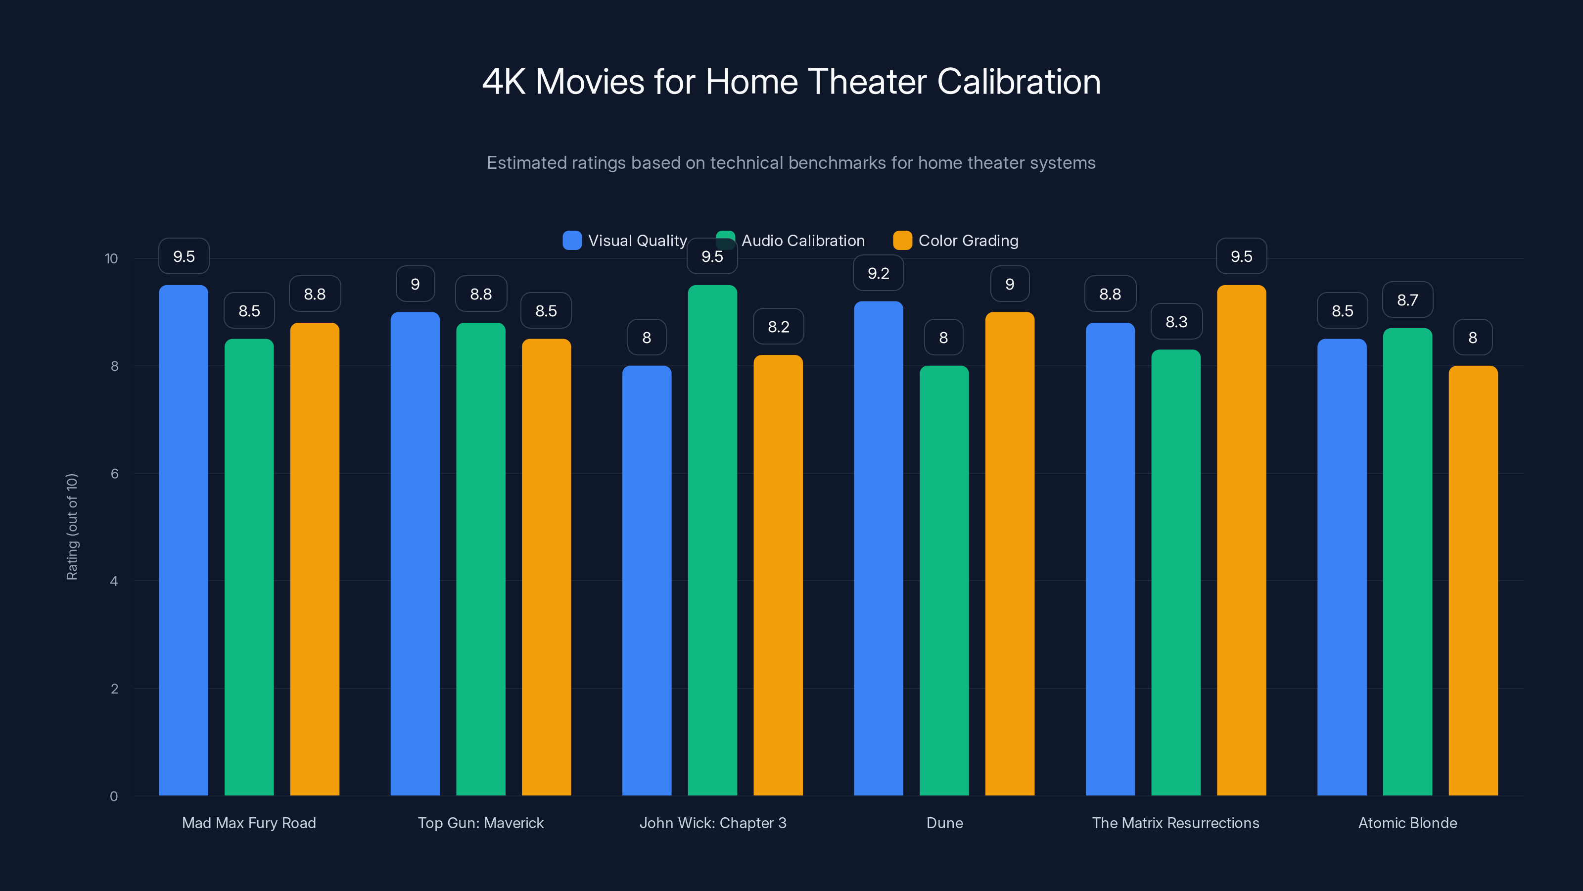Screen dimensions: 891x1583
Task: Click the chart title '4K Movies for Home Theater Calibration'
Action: [x=791, y=82]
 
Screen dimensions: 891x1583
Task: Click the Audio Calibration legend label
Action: [x=802, y=241]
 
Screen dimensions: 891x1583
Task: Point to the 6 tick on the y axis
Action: [x=114, y=474]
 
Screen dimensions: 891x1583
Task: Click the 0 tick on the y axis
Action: [x=114, y=796]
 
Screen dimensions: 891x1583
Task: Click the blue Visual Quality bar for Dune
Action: [x=878, y=547]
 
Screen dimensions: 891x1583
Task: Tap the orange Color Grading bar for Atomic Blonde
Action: [x=1473, y=581]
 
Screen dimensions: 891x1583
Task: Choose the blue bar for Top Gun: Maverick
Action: [x=415, y=553]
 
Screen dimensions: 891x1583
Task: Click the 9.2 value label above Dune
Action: [x=878, y=273]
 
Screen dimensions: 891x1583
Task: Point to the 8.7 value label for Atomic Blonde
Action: [x=1407, y=300]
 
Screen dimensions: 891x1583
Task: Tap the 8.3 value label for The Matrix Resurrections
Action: [x=1176, y=322]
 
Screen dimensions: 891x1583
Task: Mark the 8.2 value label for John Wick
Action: [x=778, y=327]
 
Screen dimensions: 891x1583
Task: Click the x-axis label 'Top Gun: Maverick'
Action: [x=480, y=823]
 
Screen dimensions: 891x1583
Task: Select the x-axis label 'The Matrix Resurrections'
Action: [x=1175, y=823]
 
